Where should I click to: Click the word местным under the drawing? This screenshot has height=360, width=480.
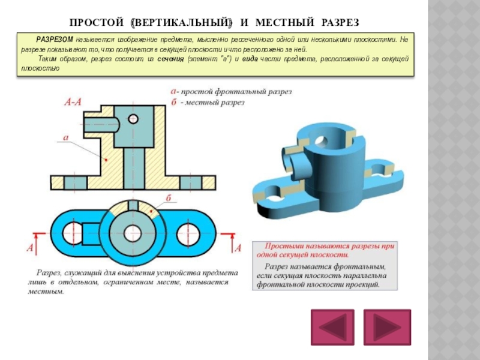(45, 292)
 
